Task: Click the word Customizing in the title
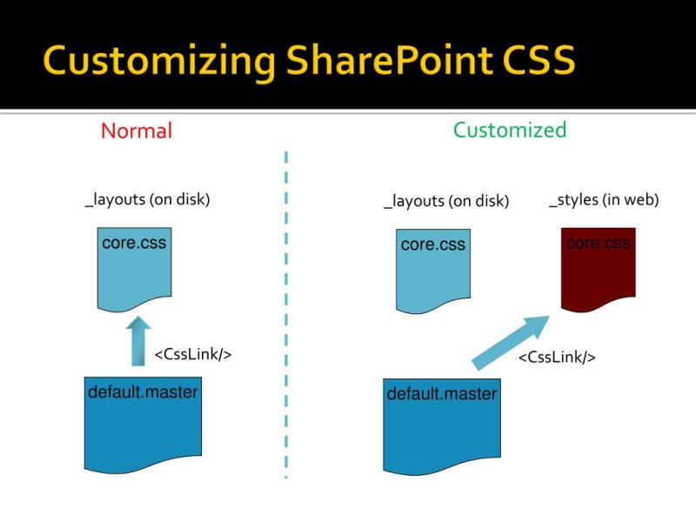(x=157, y=61)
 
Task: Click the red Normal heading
(x=137, y=130)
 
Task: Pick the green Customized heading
(x=510, y=130)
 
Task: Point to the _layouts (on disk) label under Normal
(x=147, y=199)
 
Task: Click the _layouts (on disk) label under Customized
(x=446, y=202)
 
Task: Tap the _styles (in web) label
(x=604, y=200)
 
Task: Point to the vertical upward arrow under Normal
(x=137, y=340)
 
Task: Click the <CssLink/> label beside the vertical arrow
(x=193, y=355)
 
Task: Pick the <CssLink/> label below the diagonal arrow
(x=557, y=358)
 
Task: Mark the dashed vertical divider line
(x=285, y=313)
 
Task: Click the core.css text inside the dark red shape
(x=598, y=243)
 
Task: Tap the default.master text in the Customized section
(x=441, y=394)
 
